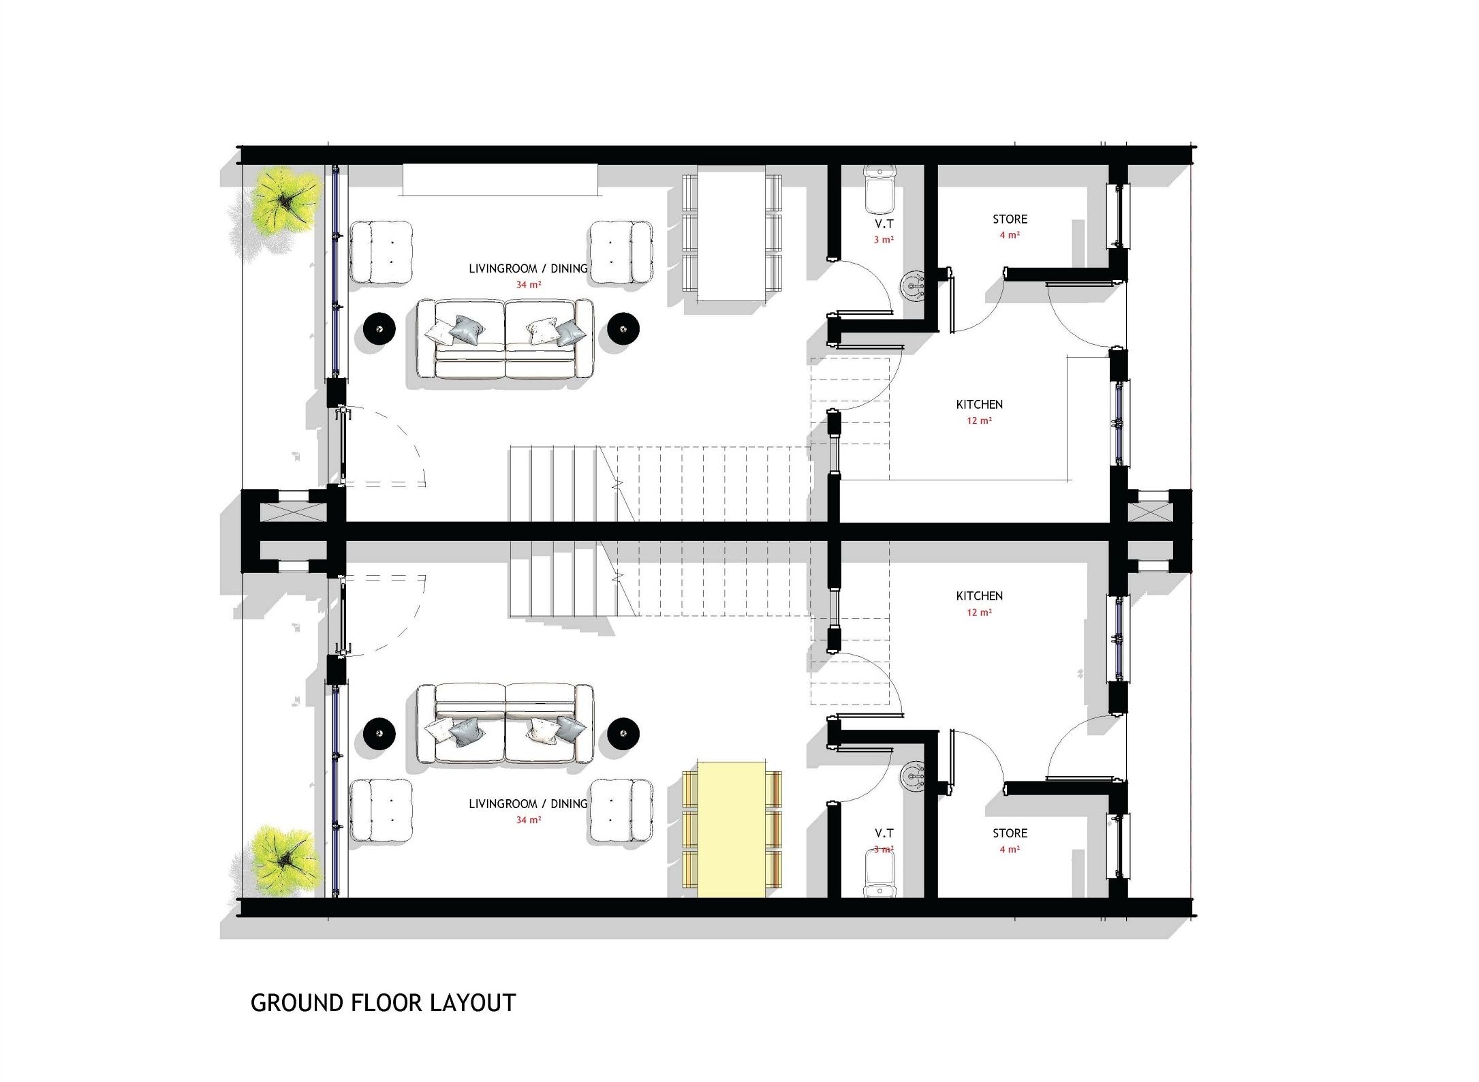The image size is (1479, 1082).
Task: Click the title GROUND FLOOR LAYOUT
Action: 384,1003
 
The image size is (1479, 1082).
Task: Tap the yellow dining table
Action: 732,829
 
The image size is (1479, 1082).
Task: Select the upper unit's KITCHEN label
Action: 979,405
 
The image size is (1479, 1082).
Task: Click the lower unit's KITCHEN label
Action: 979,596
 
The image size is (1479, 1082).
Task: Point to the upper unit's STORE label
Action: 1010,219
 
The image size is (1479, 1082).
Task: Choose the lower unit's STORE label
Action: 1010,833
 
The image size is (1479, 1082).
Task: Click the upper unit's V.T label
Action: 884,223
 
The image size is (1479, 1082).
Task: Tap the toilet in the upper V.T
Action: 879,189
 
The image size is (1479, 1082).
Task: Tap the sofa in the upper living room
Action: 505,339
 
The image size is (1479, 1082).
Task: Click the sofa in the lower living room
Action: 505,724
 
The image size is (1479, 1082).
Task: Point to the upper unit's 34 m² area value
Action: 528,285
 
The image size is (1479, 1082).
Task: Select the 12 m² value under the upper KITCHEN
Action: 979,420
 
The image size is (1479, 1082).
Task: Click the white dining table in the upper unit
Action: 732,233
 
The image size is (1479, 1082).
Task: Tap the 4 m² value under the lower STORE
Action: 1010,850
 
